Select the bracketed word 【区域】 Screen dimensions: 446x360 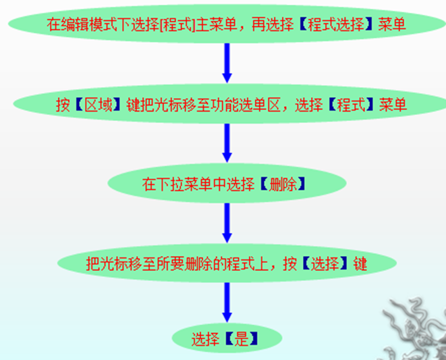(98, 105)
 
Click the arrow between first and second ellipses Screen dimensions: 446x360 (227, 65)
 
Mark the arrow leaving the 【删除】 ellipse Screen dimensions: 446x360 (227, 223)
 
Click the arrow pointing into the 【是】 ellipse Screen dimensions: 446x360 (227, 301)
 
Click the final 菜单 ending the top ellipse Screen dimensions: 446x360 (393, 26)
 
